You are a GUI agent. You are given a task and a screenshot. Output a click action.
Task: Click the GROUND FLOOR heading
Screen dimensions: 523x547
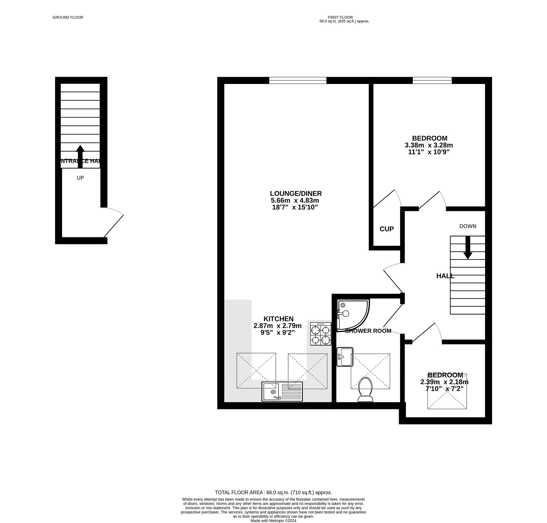(x=68, y=17)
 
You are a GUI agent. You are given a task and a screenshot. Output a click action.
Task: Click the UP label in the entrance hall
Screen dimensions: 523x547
(x=80, y=178)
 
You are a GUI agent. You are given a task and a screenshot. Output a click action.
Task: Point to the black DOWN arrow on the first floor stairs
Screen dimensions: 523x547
(x=468, y=248)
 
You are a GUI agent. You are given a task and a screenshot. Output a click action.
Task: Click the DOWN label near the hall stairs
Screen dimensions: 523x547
(x=468, y=226)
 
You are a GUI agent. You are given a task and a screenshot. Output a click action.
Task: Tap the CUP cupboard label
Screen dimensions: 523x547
(x=386, y=229)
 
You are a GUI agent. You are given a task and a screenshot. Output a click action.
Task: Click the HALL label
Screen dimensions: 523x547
(x=445, y=276)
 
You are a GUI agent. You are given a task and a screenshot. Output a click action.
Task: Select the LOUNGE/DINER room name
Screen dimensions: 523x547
(x=295, y=194)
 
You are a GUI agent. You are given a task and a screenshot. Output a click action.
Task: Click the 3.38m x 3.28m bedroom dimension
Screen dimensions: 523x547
(x=429, y=145)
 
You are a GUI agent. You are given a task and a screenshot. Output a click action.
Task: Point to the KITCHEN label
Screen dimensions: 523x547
(x=278, y=319)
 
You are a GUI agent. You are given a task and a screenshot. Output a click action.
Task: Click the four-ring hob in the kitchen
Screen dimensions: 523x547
(x=321, y=334)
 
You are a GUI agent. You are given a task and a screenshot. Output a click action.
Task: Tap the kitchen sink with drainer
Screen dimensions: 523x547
(x=282, y=392)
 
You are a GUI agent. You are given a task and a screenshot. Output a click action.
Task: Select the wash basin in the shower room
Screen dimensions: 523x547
(x=345, y=357)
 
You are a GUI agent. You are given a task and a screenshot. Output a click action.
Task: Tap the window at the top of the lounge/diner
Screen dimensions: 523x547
(x=298, y=81)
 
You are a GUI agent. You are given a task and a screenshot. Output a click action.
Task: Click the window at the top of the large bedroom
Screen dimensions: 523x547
(x=432, y=81)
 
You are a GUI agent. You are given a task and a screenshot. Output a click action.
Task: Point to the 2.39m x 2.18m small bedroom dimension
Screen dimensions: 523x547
(x=444, y=382)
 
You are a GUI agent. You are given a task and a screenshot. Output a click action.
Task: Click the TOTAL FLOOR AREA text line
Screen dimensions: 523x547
(x=273, y=492)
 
